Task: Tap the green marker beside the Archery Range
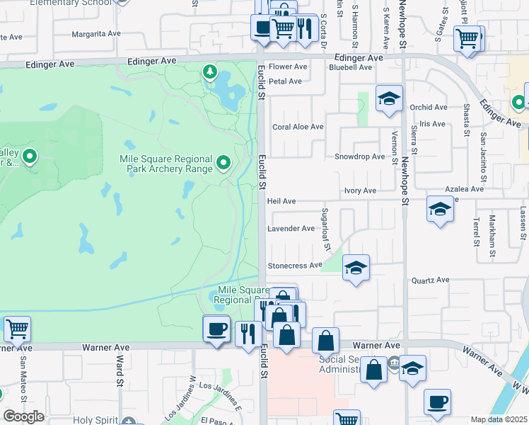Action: [224, 164]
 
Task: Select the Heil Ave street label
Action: [281, 202]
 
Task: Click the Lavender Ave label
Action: [291, 229]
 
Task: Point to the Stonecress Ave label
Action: [293, 266]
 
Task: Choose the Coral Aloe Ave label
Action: [298, 127]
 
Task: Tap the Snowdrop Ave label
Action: [360, 157]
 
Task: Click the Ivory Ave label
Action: [360, 191]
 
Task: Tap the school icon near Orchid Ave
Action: [389, 98]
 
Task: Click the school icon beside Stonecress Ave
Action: [356, 268]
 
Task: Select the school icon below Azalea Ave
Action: [440, 210]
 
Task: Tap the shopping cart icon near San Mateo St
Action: [17, 329]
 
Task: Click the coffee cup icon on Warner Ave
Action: [216, 329]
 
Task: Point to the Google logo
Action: [23, 416]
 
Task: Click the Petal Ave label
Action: [286, 81]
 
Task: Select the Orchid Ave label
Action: [429, 108]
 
